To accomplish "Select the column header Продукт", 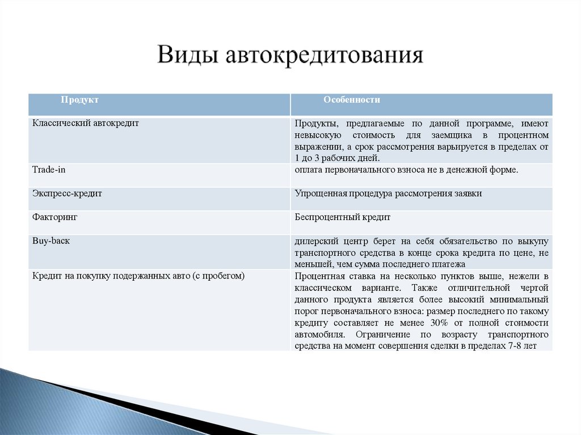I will pyautogui.click(x=80, y=100).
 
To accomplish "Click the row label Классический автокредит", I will pyautogui.click(x=86, y=123).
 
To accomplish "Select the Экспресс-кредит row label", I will pyautogui.click(x=67, y=193).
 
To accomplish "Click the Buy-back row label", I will pyautogui.click(x=51, y=241).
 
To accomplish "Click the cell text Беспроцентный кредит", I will pyautogui.click(x=343, y=217).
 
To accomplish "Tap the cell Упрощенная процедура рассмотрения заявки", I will pyautogui.click(x=389, y=193).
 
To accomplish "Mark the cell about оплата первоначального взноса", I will pyautogui.click(x=406, y=170).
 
